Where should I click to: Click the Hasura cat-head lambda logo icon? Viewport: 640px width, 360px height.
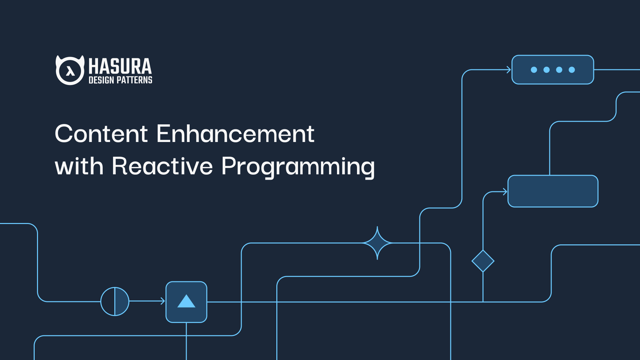pyautogui.click(x=70, y=70)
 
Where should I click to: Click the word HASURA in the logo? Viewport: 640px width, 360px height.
pyautogui.click(x=120, y=66)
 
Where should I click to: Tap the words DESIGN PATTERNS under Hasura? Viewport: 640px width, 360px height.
pyautogui.click(x=120, y=80)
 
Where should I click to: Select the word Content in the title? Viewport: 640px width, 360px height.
pyautogui.click(x=101, y=134)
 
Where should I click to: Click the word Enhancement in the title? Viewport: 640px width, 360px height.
pyautogui.click(x=235, y=134)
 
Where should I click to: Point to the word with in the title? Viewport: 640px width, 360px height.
pyautogui.click(x=79, y=166)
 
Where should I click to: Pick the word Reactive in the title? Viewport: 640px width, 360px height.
pyautogui.click(x=162, y=166)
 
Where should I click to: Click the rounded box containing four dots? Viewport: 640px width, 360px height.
pyautogui.click(x=553, y=70)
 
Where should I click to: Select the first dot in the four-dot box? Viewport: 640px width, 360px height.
pyautogui.click(x=534, y=70)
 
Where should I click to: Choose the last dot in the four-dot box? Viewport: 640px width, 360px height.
pyautogui.click(x=572, y=70)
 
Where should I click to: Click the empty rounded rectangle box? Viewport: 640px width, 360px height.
pyautogui.click(x=553, y=191)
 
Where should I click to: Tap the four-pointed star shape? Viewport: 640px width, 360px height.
pyautogui.click(x=377, y=243)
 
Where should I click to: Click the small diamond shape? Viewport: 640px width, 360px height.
pyautogui.click(x=483, y=261)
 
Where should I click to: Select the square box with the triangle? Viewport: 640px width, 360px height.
pyautogui.click(x=186, y=302)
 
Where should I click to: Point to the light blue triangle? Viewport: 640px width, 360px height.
pyautogui.click(x=186, y=301)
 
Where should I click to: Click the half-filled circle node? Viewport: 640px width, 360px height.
pyautogui.click(x=115, y=301)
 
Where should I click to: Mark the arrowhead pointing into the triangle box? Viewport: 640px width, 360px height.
pyautogui.click(x=163, y=301)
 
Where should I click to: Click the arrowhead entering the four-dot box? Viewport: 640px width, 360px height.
pyautogui.click(x=509, y=70)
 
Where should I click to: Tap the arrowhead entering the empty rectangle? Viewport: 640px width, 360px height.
pyautogui.click(x=505, y=192)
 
